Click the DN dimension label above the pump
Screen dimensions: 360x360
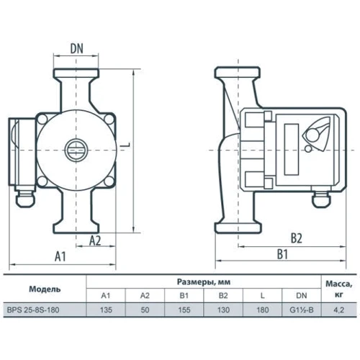point(77,48)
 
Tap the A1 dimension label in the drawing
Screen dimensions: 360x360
point(60,256)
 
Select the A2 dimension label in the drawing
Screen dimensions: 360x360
point(95,240)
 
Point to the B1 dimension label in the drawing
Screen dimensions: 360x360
point(282,254)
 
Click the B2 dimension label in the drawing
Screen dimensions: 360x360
point(297,238)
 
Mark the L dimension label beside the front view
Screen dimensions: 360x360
point(127,145)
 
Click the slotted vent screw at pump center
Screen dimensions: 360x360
point(76,150)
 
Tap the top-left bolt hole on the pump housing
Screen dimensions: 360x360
point(42,120)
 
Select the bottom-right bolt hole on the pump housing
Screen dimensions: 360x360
point(109,181)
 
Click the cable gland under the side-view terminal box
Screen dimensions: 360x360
point(321,199)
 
